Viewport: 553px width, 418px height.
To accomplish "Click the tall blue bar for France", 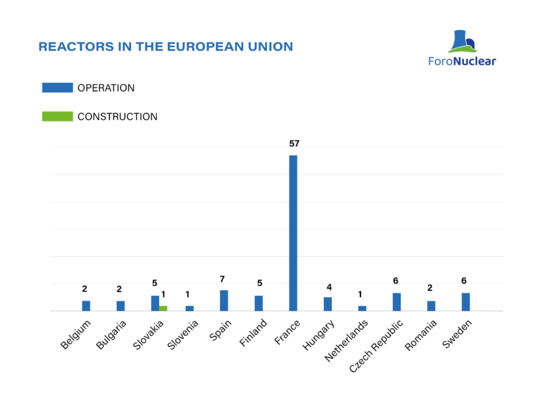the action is tap(293, 233).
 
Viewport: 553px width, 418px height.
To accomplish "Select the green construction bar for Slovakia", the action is tap(163, 309).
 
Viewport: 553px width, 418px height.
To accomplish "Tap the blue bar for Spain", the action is tap(224, 301).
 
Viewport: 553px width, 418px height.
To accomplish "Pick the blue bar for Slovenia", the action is tap(190, 309).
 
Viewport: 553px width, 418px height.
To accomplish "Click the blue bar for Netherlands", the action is tap(362, 309).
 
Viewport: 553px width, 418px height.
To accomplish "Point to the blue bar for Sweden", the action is tap(465, 302).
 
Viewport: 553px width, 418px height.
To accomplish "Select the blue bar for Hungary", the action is tap(328, 304).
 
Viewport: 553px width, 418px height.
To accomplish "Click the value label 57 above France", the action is tap(294, 143).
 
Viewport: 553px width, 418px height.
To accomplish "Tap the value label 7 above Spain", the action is tap(222, 279).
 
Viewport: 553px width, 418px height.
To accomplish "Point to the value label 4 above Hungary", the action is tap(329, 287).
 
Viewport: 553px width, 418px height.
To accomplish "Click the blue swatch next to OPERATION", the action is tap(58, 88).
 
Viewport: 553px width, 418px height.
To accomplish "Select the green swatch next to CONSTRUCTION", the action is tap(58, 116).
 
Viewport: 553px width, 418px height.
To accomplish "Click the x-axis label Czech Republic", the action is tap(376, 346).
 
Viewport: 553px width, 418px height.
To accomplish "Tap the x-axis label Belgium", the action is tap(76, 334).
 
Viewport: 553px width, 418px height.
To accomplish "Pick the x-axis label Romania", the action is tap(420, 335).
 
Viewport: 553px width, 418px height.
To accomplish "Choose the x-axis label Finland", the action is tap(253, 332).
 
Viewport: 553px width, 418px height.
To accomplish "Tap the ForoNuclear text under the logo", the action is tap(462, 61).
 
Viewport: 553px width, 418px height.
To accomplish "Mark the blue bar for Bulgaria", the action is tap(121, 306).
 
